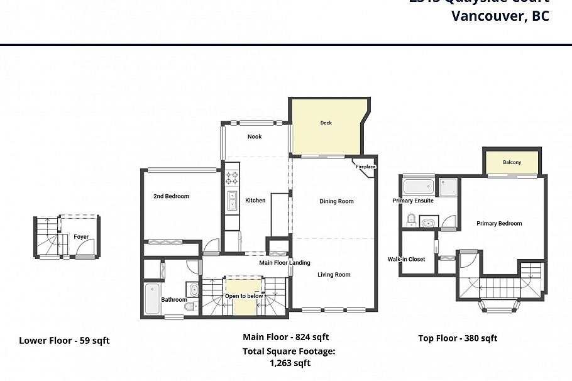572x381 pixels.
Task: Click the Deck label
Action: coord(326,123)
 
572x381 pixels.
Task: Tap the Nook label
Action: coord(254,136)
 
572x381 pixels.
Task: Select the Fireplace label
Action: coord(365,167)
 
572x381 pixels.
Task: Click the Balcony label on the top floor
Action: coord(512,162)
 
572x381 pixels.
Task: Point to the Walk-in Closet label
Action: coord(406,259)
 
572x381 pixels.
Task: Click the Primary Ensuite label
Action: coord(413,201)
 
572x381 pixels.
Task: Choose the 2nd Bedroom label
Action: coord(171,196)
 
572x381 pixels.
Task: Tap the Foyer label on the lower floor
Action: coord(81,237)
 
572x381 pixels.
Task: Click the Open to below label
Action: coord(245,295)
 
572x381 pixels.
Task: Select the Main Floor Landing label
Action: coord(284,263)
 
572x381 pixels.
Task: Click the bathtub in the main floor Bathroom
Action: coord(152,301)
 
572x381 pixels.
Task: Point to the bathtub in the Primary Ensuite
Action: coord(418,186)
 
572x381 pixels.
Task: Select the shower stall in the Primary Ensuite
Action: coord(448,187)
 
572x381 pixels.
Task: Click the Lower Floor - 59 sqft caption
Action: coord(64,341)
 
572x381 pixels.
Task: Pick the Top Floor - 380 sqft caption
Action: coord(458,338)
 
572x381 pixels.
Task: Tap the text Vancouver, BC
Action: coord(500,16)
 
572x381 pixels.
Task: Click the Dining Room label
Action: coord(336,201)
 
